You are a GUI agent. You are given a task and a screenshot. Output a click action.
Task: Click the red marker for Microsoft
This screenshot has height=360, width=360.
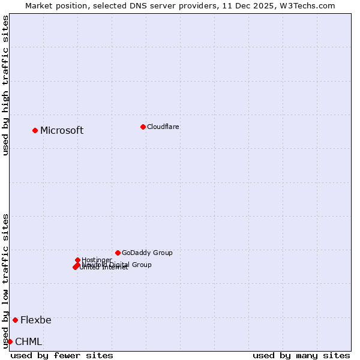tap(35, 130)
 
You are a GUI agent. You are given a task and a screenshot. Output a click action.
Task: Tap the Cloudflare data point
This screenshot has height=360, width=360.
tap(143, 127)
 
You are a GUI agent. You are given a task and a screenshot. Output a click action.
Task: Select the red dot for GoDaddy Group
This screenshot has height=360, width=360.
tap(118, 253)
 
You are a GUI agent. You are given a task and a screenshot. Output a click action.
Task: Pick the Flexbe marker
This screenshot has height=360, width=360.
tap(15, 320)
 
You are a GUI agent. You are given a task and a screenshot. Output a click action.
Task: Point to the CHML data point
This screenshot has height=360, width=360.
tap(10, 341)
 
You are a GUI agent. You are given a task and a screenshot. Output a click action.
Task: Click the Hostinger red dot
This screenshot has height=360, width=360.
tap(77, 260)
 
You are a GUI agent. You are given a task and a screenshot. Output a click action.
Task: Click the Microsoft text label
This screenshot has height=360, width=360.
tap(62, 130)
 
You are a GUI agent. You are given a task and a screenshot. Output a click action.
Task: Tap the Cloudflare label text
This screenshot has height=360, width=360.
tap(163, 127)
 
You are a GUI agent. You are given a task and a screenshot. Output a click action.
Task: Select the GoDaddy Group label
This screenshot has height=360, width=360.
tap(147, 253)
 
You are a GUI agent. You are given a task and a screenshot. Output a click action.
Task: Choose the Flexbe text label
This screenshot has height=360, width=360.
tap(35, 320)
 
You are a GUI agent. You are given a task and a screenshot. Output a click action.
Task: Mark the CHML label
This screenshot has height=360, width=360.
tap(28, 341)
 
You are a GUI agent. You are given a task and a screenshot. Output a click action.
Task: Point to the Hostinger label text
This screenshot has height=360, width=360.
tap(97, 260)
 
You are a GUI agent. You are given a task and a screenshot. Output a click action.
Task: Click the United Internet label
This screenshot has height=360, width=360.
tap(104, 268)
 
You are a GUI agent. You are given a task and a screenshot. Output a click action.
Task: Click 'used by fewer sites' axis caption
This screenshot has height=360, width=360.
tap(62, 355)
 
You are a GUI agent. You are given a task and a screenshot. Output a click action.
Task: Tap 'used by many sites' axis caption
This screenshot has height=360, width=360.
tap(301, 355)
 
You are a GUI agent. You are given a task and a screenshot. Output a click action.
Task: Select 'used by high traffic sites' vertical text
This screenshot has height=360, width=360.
tap(5, 85)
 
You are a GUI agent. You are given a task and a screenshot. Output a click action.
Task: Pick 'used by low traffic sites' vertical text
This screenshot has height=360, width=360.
tap(5, 280)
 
